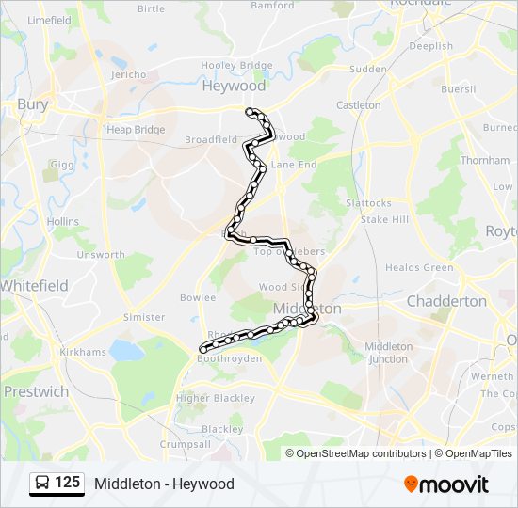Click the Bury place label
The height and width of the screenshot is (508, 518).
(33, 104)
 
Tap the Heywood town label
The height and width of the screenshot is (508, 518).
(235, 86)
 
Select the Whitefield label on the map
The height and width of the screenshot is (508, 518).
(33, 285)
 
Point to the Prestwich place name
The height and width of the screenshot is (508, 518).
(35, 390)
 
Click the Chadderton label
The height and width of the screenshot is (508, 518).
(446, 301)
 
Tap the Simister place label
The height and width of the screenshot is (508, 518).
(144, 317)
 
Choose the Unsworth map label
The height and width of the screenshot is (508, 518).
(101, 254)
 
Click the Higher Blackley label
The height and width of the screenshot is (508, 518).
(216, 398)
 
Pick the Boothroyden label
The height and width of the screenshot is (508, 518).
(230, 357)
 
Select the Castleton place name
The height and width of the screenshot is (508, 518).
(359, 105)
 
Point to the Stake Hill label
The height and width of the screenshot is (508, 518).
(385, 219)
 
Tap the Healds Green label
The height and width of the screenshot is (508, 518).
(419, 267)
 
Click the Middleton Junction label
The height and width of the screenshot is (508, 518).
(388, 352)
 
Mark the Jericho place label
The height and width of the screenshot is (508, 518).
(128, 74)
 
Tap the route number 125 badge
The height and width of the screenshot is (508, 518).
(68, 483)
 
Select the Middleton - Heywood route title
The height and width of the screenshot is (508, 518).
(164, 484)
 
